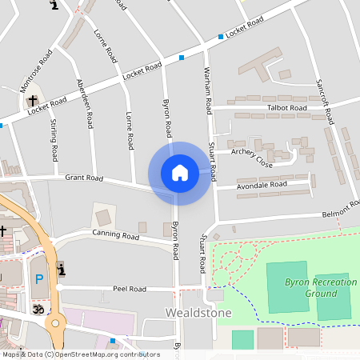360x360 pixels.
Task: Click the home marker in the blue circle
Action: [x=179, y=173]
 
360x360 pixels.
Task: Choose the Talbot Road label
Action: [x=286, y=108]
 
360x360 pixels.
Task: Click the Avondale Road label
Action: [x=262, y=185]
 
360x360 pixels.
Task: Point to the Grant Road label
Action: [x=85, y=178]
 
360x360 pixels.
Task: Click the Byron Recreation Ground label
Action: [x=321, y=287]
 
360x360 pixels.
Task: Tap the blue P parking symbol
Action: [x=38, y=280]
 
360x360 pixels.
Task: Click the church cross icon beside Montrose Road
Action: [x=33, y=102]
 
